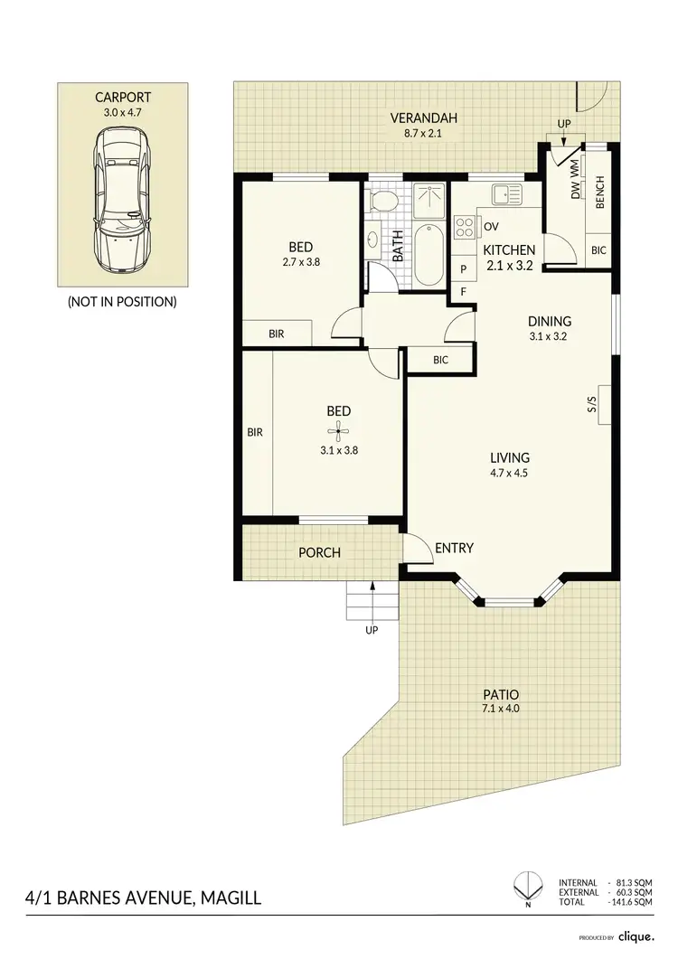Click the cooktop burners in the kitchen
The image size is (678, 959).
tap(466, 225)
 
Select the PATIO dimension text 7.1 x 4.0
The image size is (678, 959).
tap(501, 708)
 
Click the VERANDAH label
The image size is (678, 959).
tap(424, 118)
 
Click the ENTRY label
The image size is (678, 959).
tap(454, 548)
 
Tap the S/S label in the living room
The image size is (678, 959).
tap(592, 407)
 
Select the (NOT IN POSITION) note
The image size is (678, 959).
tap(122, 301)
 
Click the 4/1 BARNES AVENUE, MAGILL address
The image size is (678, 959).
tap(145, 899)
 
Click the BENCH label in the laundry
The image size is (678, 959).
tap(600, 193)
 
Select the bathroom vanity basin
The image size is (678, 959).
tap(373, 241)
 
